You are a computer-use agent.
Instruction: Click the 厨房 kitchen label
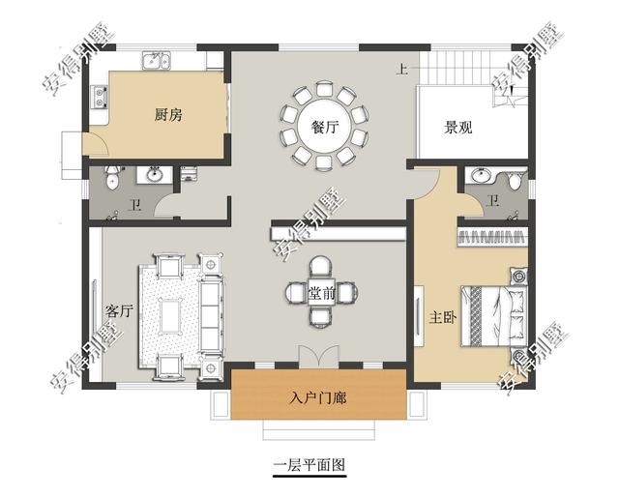click(x=168, y=115)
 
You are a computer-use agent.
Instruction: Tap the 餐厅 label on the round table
click(x=325, y=127)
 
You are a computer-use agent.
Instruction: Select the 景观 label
click(x=457, y=127)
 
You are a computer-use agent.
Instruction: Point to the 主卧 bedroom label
click(x=443, y=317)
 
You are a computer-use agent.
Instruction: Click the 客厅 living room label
click(x=119, y=311)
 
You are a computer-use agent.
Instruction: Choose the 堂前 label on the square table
click(x=322, y=294)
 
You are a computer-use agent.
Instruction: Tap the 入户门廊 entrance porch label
click(x=318, y=398)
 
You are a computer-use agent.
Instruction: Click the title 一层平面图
click(x=309, y=465)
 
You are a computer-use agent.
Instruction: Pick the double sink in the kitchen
click(x=157, y=61)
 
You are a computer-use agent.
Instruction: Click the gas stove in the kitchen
click(x=100, y=97)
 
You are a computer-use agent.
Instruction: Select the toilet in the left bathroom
click(x=112, y=177)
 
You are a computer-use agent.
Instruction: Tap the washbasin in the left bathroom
click(x=155, y=175)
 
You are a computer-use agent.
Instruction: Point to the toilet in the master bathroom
click(x=514, y=181)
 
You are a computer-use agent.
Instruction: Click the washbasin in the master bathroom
click(x=482, y=176)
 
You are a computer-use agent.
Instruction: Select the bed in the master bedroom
click(x=494, y=316)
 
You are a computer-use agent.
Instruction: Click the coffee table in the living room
click(x=170, y=316)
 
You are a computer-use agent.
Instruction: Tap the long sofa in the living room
click(x=211, y=314)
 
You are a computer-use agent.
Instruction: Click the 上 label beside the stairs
click(x=402, y=70)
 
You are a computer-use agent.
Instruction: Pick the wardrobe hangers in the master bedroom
click(x=492, y=237)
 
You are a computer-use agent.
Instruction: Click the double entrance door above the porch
click(x=319, y=357)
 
